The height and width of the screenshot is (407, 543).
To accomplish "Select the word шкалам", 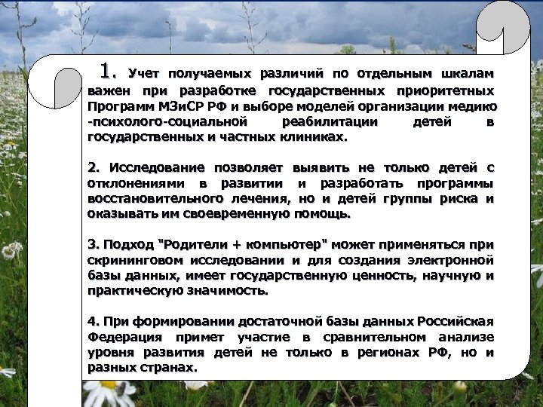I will (467, 75).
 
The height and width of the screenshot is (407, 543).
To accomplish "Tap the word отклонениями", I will (140, 183).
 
